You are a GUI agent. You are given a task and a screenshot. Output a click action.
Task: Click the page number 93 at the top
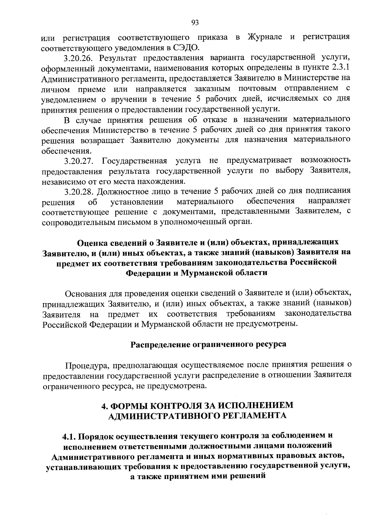[x=195, y=22]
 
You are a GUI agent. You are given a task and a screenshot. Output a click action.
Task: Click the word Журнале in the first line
[x=265, y=37]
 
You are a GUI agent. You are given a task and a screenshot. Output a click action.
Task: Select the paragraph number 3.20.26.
[x=79, y=58]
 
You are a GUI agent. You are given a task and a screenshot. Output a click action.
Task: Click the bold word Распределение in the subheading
[x=159, y=344]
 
